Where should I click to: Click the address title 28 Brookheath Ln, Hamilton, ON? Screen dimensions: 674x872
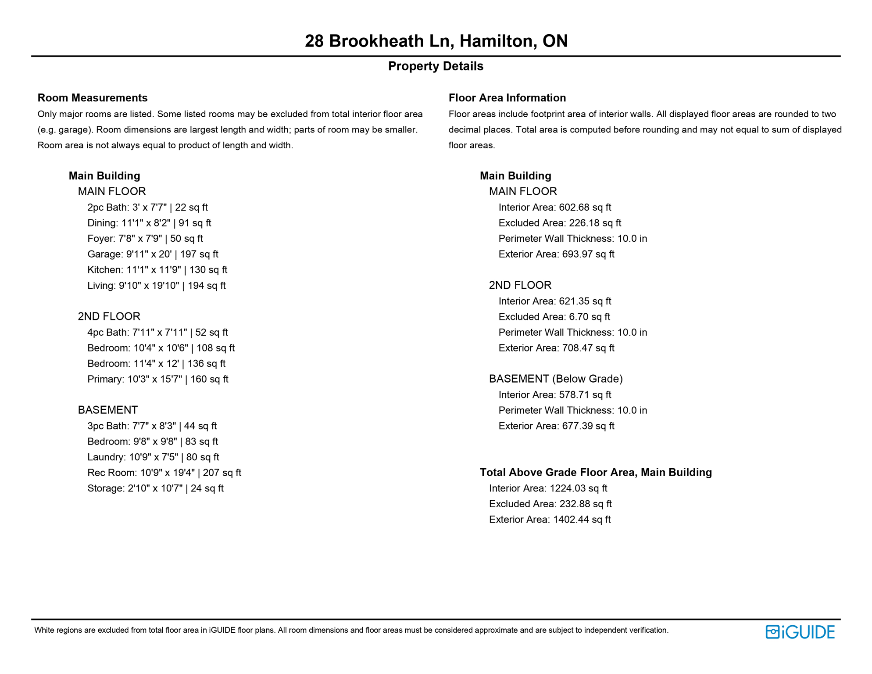436,41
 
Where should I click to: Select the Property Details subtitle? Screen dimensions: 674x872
436,66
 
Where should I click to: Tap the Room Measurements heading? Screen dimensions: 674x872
93,98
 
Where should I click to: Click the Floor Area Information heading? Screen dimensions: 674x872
507,98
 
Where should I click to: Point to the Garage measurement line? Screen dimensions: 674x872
153,254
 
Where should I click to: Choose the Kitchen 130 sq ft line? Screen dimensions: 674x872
157,270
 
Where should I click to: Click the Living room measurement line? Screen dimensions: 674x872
156,286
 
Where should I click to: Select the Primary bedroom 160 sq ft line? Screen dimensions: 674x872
157,379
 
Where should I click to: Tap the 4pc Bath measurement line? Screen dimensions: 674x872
157,333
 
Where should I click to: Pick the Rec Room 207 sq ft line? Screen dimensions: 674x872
164,473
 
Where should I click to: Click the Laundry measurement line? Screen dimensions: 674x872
153,457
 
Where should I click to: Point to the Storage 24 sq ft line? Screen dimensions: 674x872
155,488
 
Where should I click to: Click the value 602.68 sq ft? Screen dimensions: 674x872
585,208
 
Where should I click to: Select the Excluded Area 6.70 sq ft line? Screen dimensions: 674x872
554,317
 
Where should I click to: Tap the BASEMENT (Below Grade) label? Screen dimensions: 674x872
556,379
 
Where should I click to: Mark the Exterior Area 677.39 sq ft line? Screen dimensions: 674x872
556,426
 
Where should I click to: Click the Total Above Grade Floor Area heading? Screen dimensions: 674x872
596,473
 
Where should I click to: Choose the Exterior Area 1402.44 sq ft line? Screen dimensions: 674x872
550,520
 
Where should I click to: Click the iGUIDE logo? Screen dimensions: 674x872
800,632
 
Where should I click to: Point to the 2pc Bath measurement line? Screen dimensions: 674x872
147,208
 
